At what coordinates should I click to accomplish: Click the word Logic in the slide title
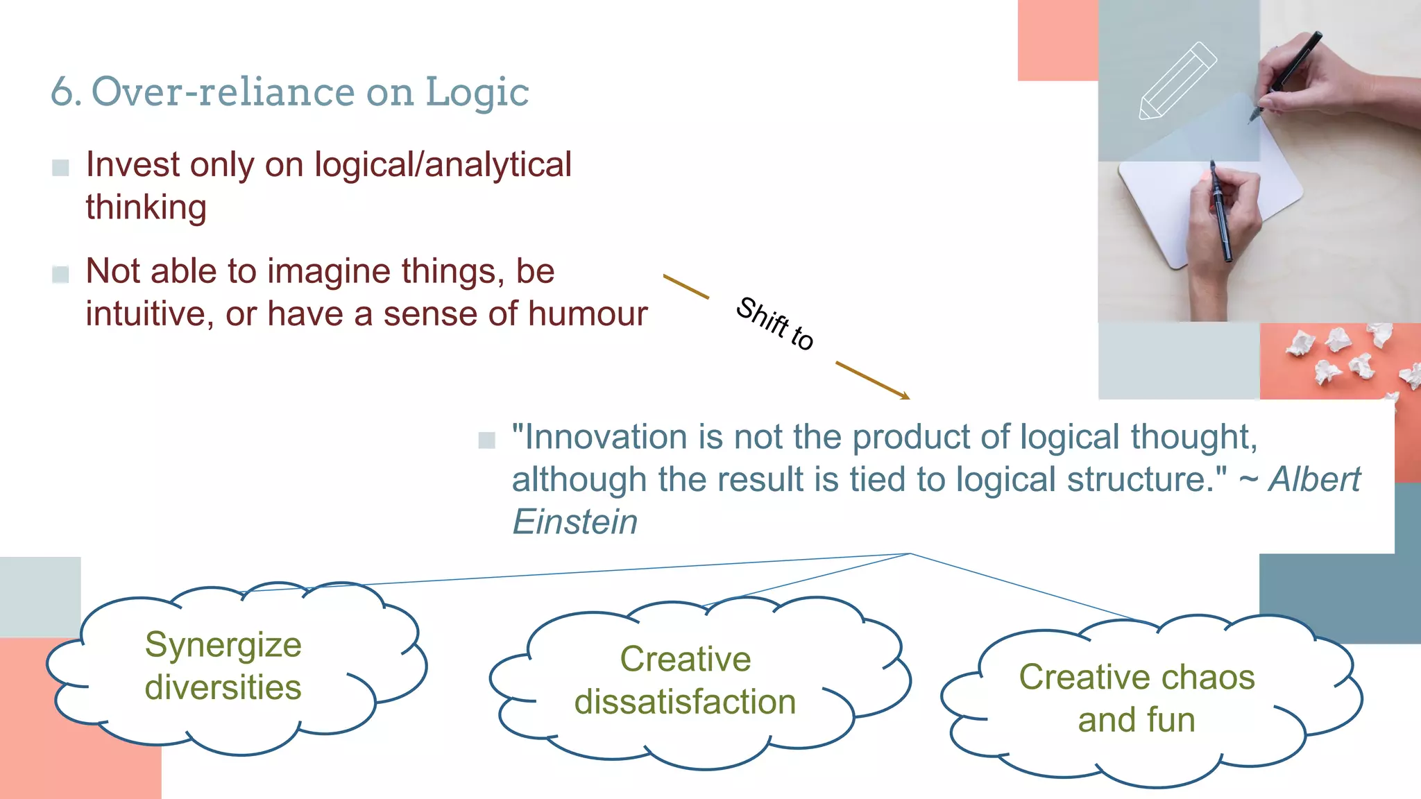tap(477, 92)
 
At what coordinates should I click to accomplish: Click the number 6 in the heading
tap(62, 92)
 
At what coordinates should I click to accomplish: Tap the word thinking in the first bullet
tap(146, 207)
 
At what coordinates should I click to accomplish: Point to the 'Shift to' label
tap(774, 323)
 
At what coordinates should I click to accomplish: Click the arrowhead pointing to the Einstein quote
tap(905, 396)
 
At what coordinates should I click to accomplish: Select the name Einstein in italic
tap(575, 522)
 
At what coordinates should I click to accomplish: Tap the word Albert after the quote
tap(1314, 479)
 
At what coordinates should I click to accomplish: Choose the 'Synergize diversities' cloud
tap(223, 666)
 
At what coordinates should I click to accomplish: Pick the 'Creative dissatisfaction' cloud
tap(685, 680)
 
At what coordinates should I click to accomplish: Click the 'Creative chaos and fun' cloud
tap(1137, 698)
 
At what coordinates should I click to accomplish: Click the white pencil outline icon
tap(1177, 82)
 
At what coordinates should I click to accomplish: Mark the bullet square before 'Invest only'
tap(60, 167)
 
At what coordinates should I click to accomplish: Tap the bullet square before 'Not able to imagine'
tap(60, 274)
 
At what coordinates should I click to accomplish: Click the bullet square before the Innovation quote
tap(486, 440)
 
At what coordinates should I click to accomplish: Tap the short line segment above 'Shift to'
tap(686, 286)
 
